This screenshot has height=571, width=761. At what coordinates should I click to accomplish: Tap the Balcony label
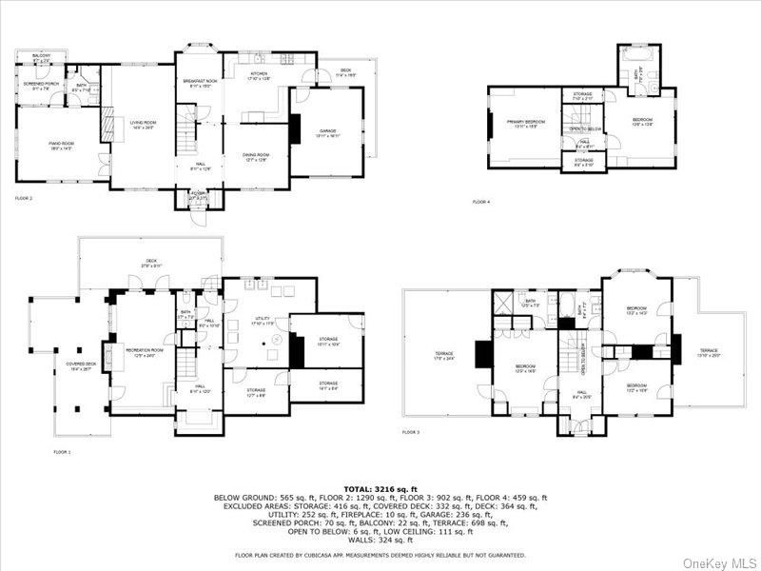pos(41,57)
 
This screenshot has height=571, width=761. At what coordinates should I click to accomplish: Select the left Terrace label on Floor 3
pos(442,356)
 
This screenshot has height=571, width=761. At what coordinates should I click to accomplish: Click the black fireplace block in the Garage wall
pos(294,127)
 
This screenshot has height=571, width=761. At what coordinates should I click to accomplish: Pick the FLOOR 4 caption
pos(481,202)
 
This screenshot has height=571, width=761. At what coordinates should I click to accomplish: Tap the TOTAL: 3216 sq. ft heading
pos(380,486)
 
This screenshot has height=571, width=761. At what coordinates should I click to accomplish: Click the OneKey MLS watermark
pos(728,561)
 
